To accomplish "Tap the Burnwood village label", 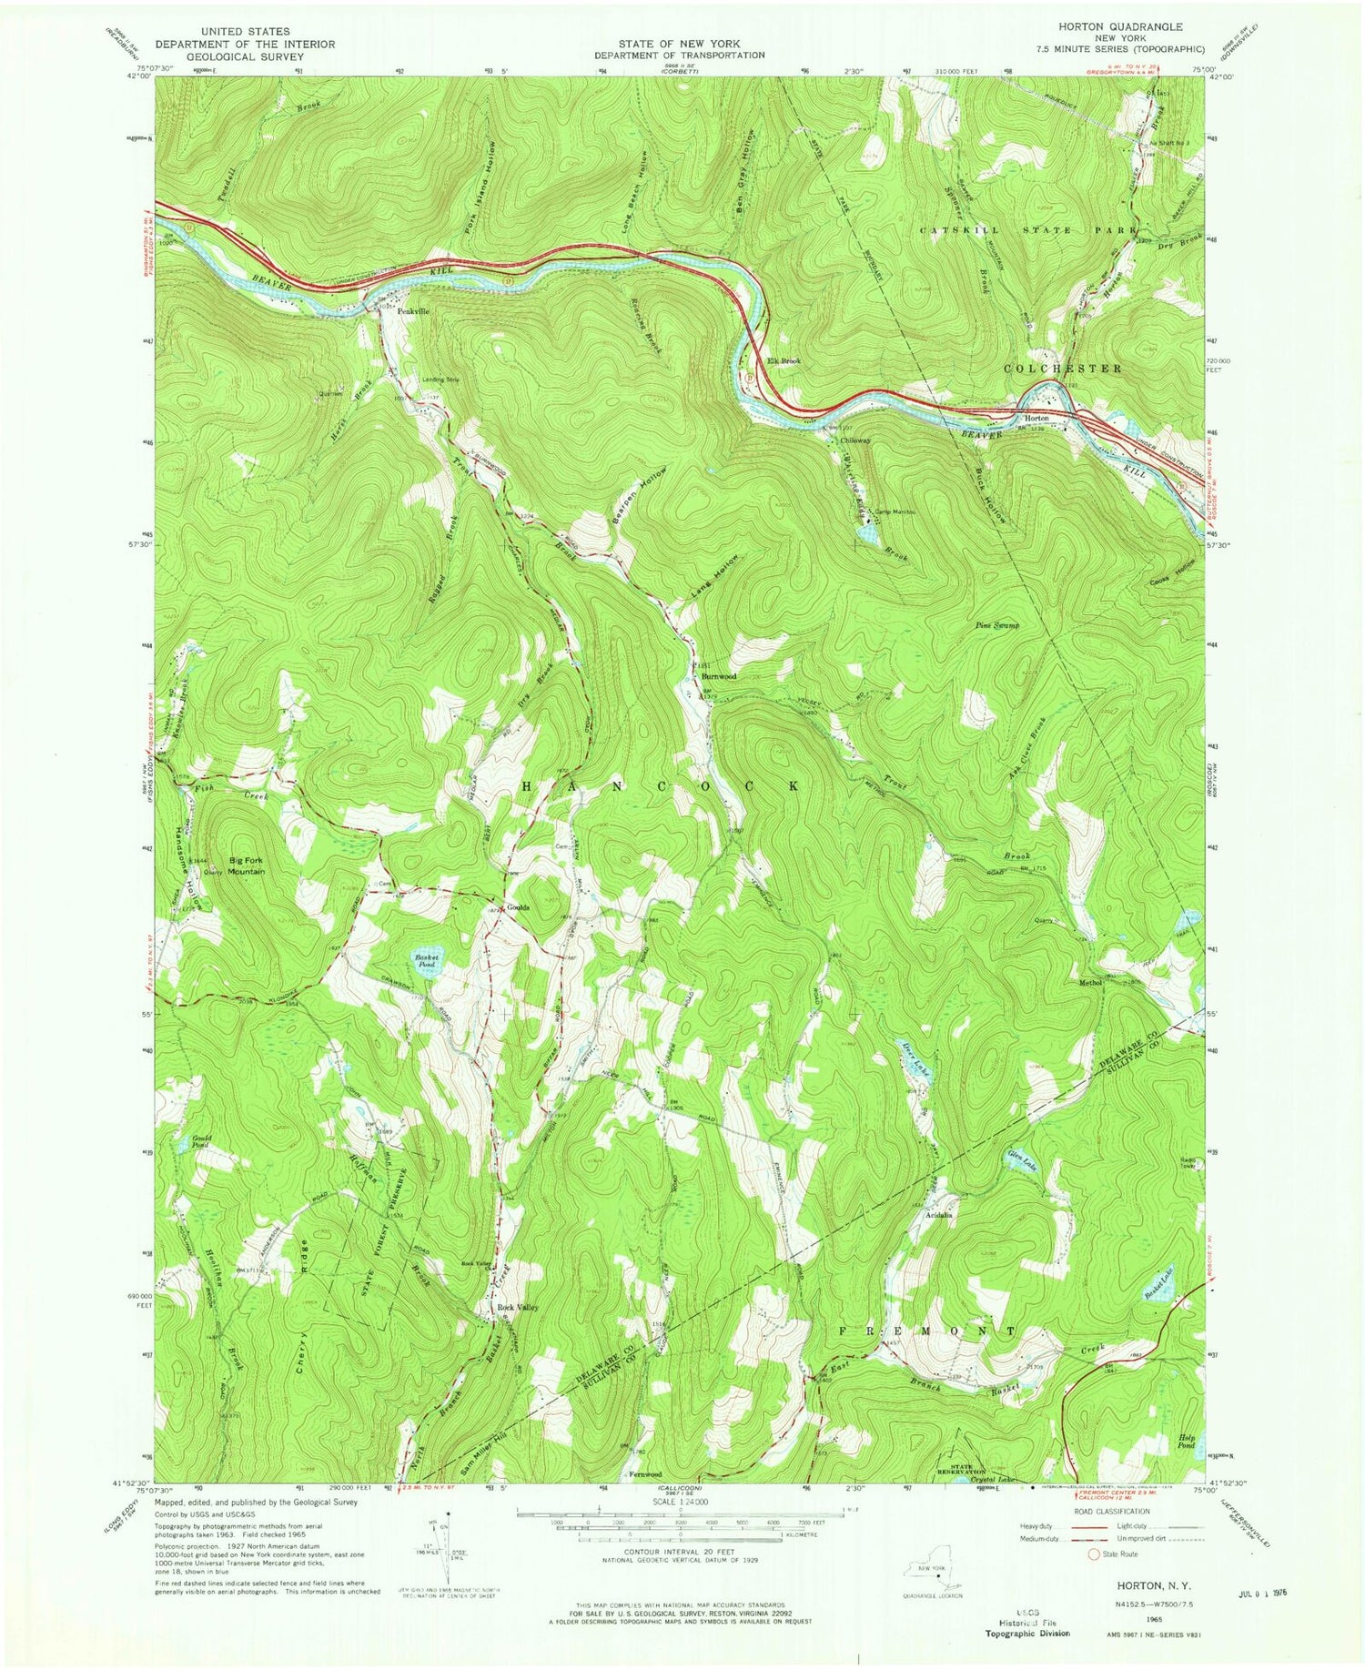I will [x=718, y=677].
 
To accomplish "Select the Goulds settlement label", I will [x=519, y=907].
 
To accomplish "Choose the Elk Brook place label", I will [x=784, y=361].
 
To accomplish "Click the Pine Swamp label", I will [x=997, y=626].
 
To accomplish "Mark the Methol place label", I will [x=1090, y=983].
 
